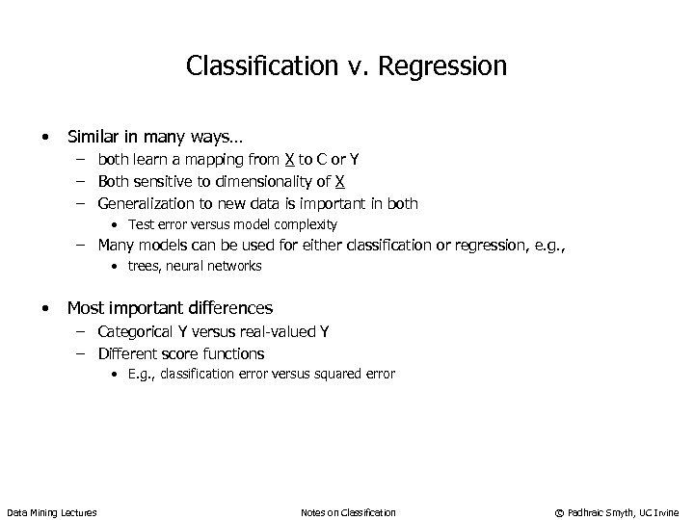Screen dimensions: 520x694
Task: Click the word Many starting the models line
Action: point(117,246)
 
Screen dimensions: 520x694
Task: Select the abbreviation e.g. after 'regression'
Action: point(547,246)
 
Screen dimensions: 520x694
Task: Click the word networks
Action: point(235,267)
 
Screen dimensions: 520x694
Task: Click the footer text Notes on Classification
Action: point(348,511)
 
